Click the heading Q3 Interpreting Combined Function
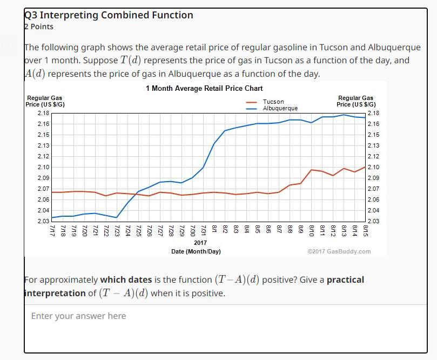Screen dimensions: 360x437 point(109,15)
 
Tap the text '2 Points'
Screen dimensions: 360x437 point(39,26)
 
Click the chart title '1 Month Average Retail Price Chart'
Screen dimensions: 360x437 point(204,88)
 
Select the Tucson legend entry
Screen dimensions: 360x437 point(273,102)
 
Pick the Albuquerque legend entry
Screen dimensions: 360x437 point(280,108)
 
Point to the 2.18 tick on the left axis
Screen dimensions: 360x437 point(43,113)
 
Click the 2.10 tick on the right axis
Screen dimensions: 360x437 point(373,167)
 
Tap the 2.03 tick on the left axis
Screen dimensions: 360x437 point(43,221)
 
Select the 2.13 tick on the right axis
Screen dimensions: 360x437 point(373,145)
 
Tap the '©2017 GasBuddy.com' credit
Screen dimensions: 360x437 point(339,251)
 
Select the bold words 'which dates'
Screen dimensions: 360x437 point(125,279)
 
